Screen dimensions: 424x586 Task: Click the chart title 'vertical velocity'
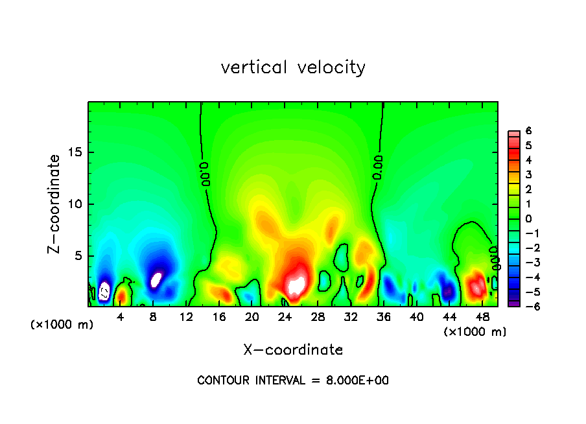click(x=293, y=67)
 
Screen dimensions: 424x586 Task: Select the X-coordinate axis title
click(x=293, y=350)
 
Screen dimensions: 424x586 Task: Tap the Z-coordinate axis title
click(x=55, y=203)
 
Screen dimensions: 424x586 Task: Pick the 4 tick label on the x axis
click(x=121, y=317)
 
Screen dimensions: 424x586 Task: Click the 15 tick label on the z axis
click(x=73, y=153)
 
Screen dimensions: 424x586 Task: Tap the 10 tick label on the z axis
click(x=73, y=204)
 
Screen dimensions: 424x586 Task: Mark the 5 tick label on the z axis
click(x=76, y=256)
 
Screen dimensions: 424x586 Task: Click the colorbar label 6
click(x=528, y=131)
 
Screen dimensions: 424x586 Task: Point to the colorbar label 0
click(x=528, y=218)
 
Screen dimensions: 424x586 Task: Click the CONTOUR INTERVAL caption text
click(x=293, y=381)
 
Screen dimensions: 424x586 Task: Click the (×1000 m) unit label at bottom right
click(x=475, y=332)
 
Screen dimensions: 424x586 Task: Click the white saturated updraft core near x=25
click(x=297, y=285)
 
